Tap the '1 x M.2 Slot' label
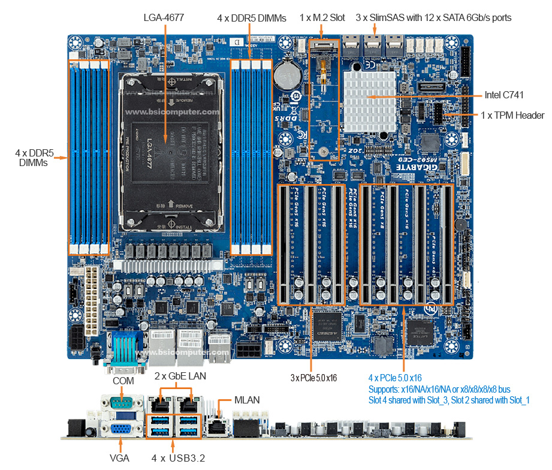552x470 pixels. [322, 17]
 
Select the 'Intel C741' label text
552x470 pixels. [507, 95]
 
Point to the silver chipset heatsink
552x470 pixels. [370, 97]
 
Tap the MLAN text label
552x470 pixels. [247, 399]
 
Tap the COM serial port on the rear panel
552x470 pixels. [122, 403]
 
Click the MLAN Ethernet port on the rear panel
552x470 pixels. [216, 427]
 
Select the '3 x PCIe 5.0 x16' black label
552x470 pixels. [313, 378]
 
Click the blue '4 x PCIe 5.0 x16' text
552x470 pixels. [395, 378]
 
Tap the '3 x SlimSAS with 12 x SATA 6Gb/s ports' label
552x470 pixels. [433, 17]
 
